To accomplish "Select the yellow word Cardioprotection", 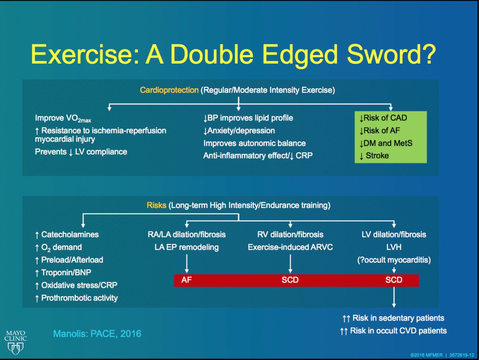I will coord(169,90).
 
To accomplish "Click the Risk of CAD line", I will coord(383,118).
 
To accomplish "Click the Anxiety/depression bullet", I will coord(239,131).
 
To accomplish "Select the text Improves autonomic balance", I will coord(255,143).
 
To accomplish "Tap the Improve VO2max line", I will coord(64,118).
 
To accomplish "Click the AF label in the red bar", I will coord(186,280).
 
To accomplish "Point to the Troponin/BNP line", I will coord(66,273).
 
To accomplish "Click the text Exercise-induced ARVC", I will coord(290,247).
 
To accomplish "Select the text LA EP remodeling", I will coord(186,247).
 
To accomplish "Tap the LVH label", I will coord(394,247).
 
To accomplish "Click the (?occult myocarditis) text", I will coord(394,259).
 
